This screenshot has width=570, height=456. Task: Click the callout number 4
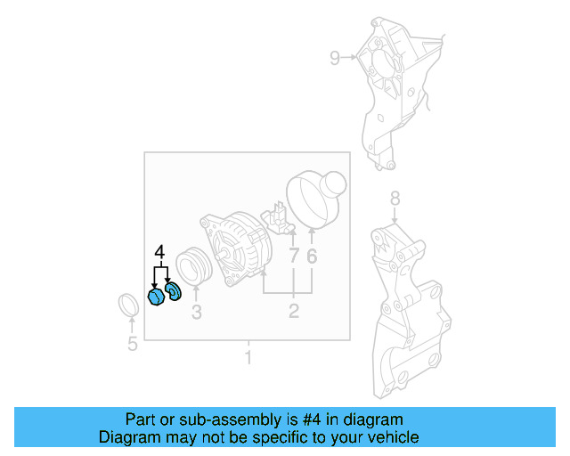pyautogui.click(x=160, y=253)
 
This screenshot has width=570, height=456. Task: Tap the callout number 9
pyautogui.click(x=335, y=59)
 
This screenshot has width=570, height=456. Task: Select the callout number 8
pyautogui.click(x=395, y=199)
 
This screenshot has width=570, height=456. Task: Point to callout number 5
pyautogui.click(x=132, y=344)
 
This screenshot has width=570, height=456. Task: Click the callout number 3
pyautogui.click(x=196, y=312)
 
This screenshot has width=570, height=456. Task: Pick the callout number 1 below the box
pyautogui.click(x=248, y=358)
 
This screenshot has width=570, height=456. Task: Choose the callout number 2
pyautogui.click(x=293, y=312)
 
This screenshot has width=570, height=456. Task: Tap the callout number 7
pyautogui.click(x=293, y=256)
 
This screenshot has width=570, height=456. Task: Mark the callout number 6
pyautogui.click(x=312, y=256)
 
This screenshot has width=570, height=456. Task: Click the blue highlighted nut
pyautogui.click(x=154, y=297)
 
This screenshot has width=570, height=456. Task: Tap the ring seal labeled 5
pyautogui.click(x=130, y=305)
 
